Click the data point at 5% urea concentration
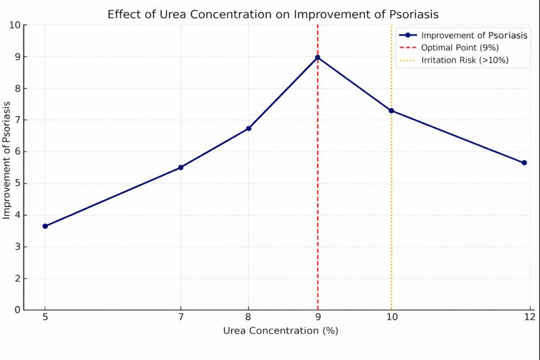pos(45,226)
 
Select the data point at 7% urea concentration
pos(181,168)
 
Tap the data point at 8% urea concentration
pos(249,128)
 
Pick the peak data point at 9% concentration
pos(317,57)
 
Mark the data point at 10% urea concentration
pos(391,111)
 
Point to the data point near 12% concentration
pos(524,163)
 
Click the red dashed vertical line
pos(317,203)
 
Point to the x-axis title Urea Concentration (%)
pos(281,331)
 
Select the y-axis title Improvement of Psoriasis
pos(7,160)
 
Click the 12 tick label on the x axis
pos(529,317)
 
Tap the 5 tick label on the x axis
pos(45,317)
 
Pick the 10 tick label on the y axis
pos(14,25)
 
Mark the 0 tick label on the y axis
pos(17,310)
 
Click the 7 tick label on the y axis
pos(17,120)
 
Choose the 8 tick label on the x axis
pos(249,317)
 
